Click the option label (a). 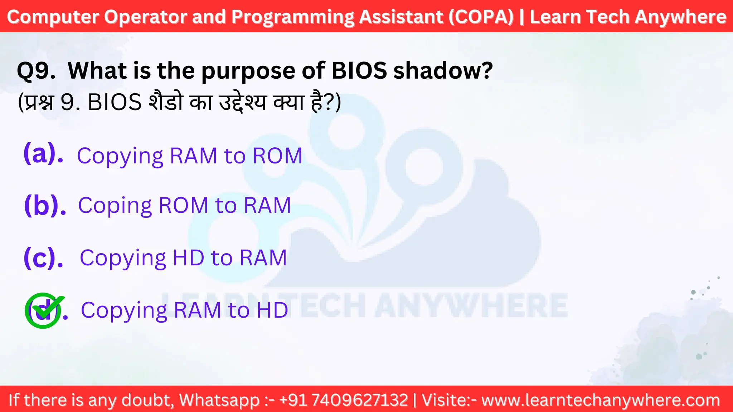click(x=43, y=154)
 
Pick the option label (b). click(x=45, y=205)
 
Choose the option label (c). click(x=43, y=257)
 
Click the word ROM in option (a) click(x=277, y=156)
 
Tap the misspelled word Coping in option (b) click(x=115, y=206)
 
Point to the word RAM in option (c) click(x=263, y=257)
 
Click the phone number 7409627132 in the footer click(x=360, y=400)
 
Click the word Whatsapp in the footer click(x=219, y=400)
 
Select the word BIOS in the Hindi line click(x=115, y=102)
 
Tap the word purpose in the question click(x=248, y=71)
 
